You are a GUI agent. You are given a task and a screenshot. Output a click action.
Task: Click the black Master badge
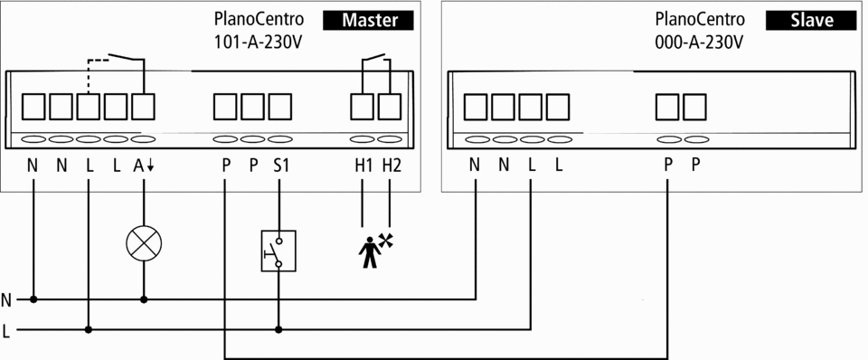369,21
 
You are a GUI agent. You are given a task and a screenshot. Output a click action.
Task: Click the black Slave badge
812,21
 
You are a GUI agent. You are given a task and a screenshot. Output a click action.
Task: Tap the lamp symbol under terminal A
144,243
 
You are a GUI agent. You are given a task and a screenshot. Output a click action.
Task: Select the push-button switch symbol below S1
278,251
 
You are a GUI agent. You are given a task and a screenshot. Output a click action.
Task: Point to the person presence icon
375,251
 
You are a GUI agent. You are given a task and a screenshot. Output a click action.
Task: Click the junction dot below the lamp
144,299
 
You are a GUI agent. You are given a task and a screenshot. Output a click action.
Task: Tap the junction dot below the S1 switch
278,329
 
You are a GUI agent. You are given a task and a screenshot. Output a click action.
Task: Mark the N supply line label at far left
6,300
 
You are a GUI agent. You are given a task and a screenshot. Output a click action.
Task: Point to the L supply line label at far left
6,331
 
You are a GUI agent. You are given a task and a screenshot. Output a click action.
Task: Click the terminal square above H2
390,107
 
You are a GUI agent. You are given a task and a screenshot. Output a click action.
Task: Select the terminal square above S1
280,107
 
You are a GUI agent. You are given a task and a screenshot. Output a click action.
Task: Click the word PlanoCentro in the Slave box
700,19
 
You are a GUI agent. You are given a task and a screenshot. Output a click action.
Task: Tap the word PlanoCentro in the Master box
259,19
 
